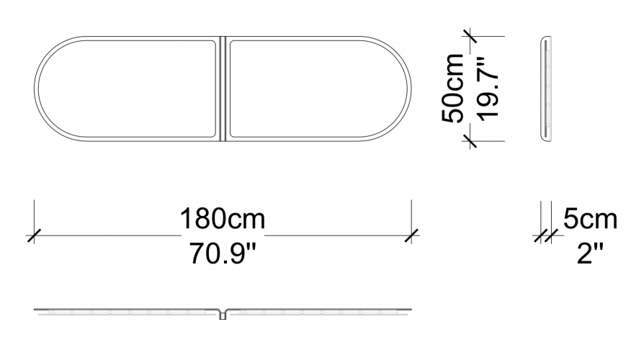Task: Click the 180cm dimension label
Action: click(x=222, y=219)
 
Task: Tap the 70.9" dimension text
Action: click(x=223, y=254)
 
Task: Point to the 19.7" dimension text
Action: click(x=488, y=89)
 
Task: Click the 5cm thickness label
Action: click(x=590, y=219)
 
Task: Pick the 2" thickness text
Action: click(x=590, y=254)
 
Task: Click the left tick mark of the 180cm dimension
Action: click(x=34, y=235)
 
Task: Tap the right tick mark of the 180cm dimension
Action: click(x=411, y=235)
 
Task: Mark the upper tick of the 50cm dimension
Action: click(x=470, y=36)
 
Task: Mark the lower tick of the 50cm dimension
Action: click(x=470, y=141)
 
